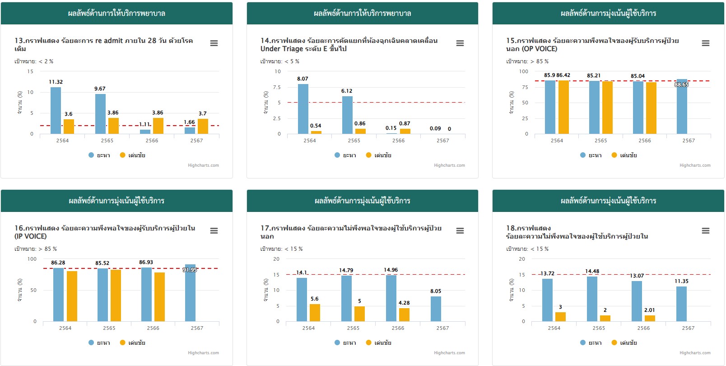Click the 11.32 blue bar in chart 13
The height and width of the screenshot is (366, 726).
point(56,111)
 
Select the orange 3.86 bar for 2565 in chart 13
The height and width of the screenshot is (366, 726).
point(113,126)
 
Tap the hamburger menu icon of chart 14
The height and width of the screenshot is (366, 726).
point(460,43)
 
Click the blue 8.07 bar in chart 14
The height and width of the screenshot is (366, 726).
point(303,109)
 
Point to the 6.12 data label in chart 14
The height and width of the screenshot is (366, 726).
point(347,91)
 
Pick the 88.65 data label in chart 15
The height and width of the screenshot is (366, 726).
point(681,84)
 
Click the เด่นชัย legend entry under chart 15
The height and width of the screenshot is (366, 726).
point(625,155)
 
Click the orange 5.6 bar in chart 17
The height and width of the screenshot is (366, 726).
point(315,313)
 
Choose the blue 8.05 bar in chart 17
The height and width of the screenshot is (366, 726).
point(436,309)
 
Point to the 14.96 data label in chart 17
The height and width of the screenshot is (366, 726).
point(391,270)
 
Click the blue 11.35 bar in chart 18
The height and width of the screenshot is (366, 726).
point(681,304)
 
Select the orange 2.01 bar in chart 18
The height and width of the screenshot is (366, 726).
point(650,318)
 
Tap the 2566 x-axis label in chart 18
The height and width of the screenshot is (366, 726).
point(643,328)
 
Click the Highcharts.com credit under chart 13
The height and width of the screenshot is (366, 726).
point(203,165)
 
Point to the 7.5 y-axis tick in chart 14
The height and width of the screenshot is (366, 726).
point(277,87)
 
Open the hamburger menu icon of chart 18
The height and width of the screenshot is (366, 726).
point(706,231)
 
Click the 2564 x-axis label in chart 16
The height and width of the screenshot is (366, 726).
point(65,328)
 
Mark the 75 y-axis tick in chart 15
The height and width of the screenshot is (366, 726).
point(525,87)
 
